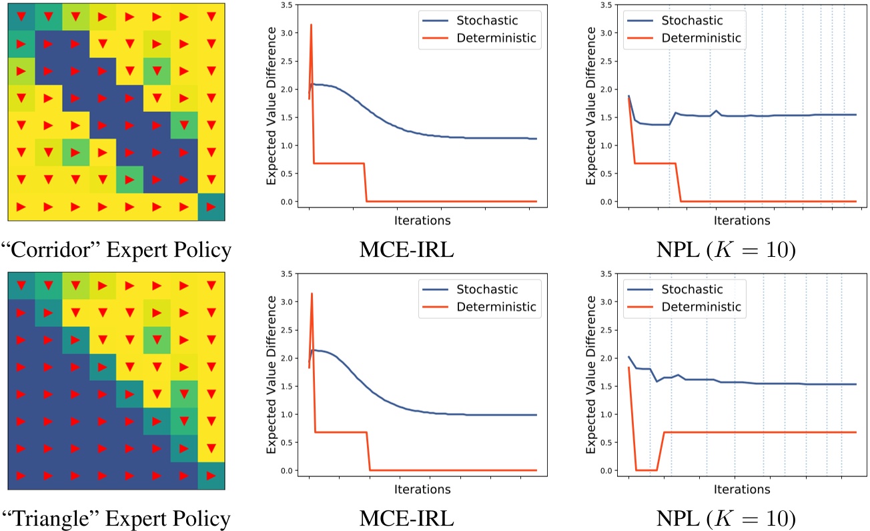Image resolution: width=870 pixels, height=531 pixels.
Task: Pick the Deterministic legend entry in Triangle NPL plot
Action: point(701,307)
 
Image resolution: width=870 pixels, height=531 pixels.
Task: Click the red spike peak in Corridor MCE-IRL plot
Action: point(311,25)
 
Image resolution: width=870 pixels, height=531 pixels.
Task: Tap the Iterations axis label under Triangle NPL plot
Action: point(742,490)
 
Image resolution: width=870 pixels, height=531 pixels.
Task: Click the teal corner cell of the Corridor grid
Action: point(211,207)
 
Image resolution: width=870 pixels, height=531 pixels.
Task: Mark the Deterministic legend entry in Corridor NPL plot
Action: point(701,38)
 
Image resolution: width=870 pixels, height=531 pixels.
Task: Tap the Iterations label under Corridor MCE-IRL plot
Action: point(422,221)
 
